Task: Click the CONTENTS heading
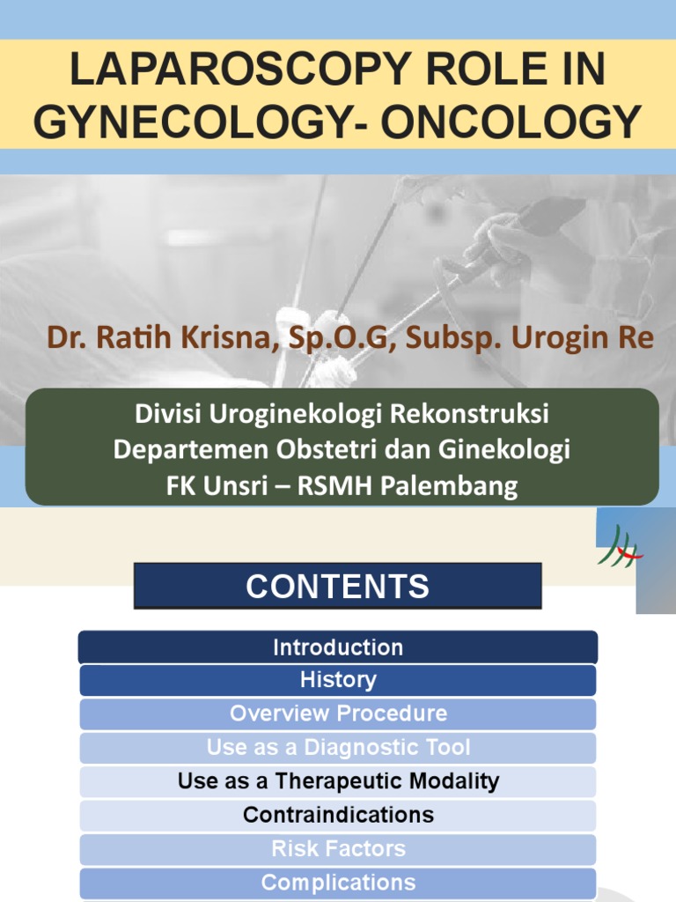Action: tap(338, 587)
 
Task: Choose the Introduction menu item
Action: tap(338, 647)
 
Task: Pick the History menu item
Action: tap(338, 680)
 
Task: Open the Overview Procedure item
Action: tap(338, 713)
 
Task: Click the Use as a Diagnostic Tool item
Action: tap(338, 748)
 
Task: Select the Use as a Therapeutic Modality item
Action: tap(338, 781)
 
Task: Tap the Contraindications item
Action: tap(338, 815)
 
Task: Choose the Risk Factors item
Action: tap(338, 849)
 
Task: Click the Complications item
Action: tap(338, 883)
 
